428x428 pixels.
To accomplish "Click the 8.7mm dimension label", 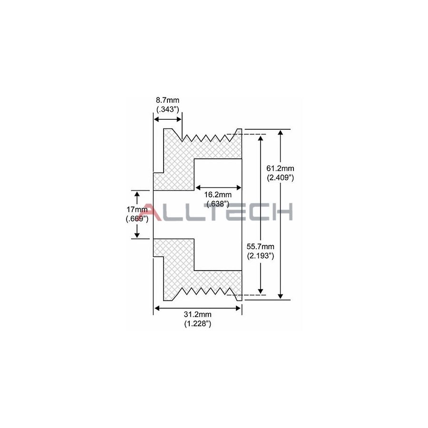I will tap(167, 100).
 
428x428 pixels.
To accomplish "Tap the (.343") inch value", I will tap(167, 109).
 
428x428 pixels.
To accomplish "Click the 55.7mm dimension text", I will tap(261, 247).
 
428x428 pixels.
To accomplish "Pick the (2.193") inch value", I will tap(261, 256).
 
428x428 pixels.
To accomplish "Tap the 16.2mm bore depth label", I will tap(218, 195).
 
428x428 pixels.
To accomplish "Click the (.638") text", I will tap(218, 204).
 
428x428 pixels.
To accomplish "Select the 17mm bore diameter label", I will tap(137, 210).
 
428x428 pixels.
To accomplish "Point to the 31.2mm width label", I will tap(197, 315).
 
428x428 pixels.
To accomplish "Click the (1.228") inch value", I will tap(197, 324).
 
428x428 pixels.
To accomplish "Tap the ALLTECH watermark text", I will tap(218, 212).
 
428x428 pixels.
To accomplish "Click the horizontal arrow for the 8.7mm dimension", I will tap(167, 119).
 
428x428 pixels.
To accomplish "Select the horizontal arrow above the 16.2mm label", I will tap(218, 186).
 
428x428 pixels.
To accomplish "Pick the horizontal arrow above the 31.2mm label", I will tap(197, 308).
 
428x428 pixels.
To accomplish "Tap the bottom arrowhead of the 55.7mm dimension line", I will tap(261, 291).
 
